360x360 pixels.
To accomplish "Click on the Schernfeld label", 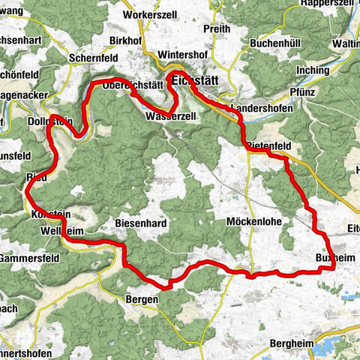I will pos(89,57).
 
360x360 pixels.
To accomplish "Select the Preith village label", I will pos(217,29).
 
